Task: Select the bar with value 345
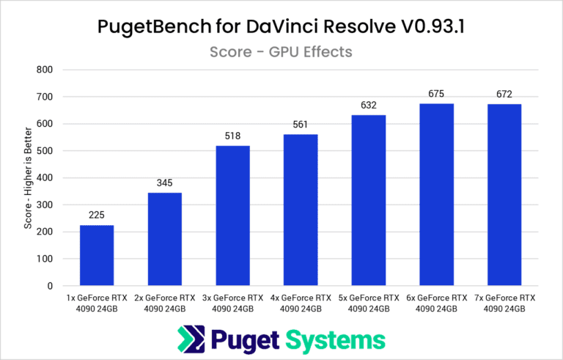(164, 239)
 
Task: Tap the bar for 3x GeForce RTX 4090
(232, 216)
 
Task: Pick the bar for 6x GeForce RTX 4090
(436, 194)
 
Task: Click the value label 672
(504, 95)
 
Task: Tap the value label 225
(97, 216)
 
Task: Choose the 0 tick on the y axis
(51, 286)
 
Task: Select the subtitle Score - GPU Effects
(281, 51)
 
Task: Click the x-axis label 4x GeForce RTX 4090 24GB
(300, 304)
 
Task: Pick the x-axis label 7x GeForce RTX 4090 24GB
(504, 304)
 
